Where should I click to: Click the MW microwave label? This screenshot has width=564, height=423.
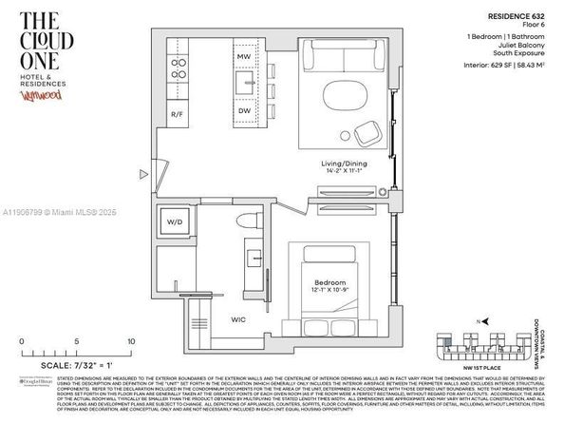(x=244, y=57)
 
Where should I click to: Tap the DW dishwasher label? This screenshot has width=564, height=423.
(x=244, y=110)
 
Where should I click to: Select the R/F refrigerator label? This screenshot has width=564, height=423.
(x=178, y=114)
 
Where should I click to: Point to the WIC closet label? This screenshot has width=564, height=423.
(x=240, y=319)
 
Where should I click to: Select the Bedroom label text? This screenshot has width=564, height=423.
(x=329, y=282)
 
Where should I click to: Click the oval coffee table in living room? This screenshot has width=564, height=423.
(x=345, y=97)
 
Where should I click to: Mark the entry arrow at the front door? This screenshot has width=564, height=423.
(x=142, y=174)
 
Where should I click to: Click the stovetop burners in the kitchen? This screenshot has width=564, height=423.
(x=178, y=67)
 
